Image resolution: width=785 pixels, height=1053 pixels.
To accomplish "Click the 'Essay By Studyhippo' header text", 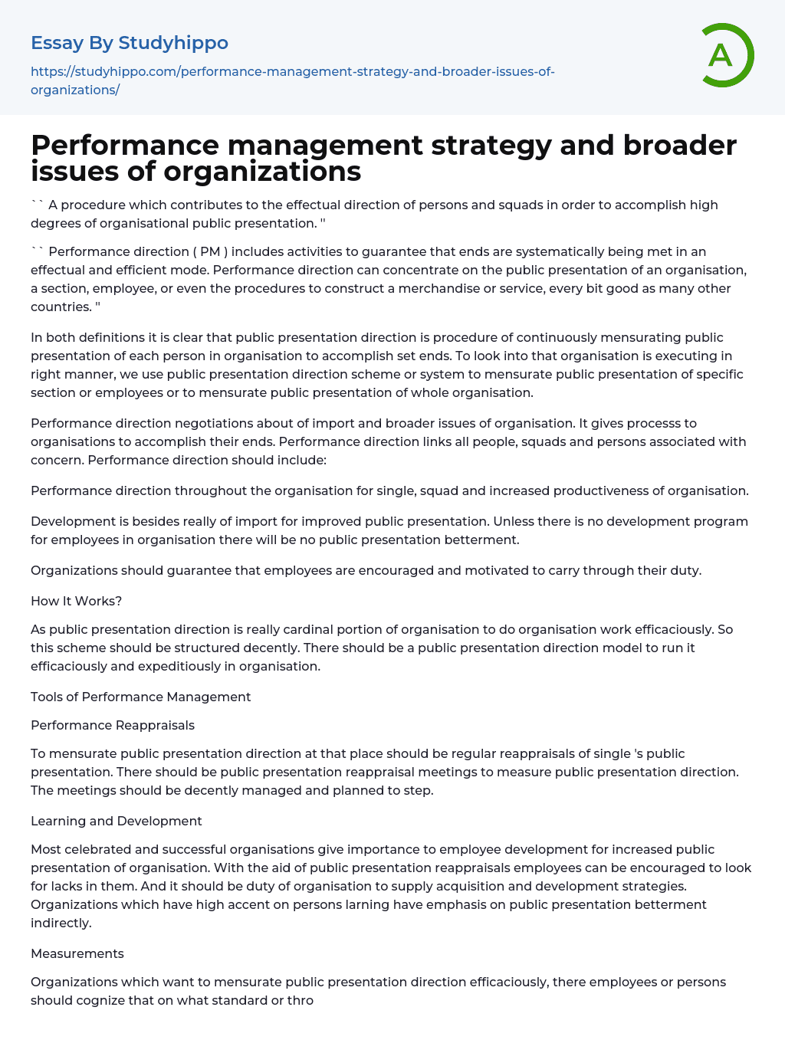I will pos(130,43).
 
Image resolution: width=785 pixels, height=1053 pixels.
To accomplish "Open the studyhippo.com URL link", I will pos(292,80).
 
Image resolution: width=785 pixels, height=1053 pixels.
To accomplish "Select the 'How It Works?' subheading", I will pos(77,602).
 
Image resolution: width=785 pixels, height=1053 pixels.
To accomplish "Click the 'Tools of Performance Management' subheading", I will pos(141,697).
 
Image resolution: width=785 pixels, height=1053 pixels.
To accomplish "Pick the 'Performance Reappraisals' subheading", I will pos(113,725).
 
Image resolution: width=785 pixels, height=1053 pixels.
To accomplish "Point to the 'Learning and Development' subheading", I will pos(117,821).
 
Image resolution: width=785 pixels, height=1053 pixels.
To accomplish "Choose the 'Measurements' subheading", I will pos(77,953).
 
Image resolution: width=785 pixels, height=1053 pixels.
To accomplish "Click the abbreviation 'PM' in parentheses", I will pos(210,251).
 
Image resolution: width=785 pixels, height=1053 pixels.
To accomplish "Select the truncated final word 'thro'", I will pos(301,1000).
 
